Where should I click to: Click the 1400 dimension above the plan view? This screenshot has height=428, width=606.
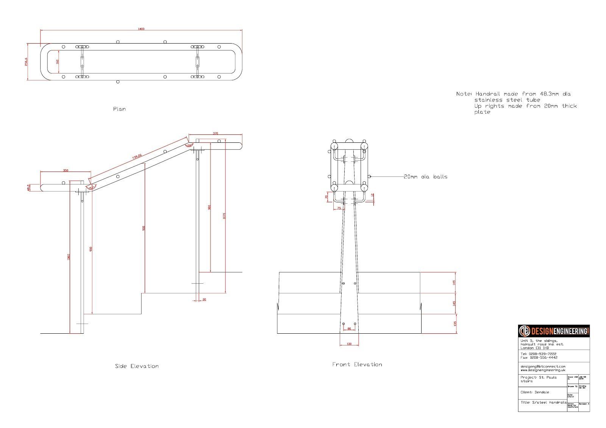point(141,29)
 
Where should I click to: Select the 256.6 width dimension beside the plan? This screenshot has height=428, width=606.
point(26,62)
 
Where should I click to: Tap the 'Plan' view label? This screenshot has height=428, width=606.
point(119,109)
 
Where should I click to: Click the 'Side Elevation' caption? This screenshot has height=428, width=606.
point(137,366)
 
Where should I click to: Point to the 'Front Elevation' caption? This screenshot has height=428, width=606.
point(357,364)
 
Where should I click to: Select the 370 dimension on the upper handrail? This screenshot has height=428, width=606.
point(216,133)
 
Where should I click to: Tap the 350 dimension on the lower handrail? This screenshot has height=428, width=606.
point(66,171)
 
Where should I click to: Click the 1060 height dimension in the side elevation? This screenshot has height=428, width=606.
point(69,256)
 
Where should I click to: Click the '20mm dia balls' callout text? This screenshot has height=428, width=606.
point(425,177)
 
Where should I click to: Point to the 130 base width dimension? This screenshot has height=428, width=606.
point(349,344)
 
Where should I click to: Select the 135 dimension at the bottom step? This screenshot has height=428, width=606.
point(454,324)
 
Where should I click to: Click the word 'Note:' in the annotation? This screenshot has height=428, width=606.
point(464,94)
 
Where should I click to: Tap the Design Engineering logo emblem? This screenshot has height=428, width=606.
point(524,331)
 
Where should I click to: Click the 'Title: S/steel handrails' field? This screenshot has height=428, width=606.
point(543,402)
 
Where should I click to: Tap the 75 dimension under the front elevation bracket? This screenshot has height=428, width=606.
point(339,208)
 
